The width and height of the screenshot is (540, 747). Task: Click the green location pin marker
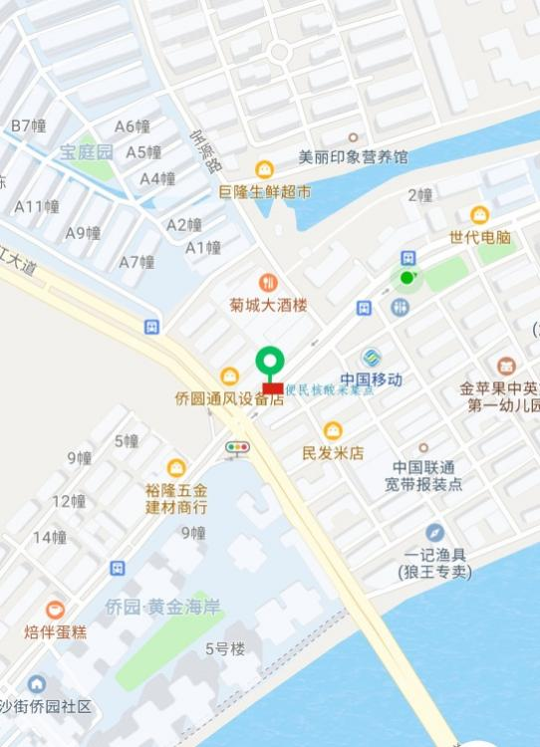pos(270,362)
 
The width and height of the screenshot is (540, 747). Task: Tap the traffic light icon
pos(237,448)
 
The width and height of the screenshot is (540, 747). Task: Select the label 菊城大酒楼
pos(268,306)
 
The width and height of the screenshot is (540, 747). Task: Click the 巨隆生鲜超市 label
pos(265,191)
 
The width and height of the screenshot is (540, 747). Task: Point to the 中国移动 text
pos(371,379)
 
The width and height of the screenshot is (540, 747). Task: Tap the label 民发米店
pos(333,453)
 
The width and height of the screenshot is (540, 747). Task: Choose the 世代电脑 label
pos(479,238)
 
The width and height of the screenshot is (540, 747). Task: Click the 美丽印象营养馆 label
pos(353,157)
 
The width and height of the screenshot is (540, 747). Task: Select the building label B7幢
pos(29,125)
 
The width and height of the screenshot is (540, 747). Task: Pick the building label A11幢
pos(37,206)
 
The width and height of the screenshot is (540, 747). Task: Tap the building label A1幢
pos(203,247)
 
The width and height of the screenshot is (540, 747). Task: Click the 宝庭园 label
pos(86,152)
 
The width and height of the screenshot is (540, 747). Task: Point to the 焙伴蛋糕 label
pos(56,631)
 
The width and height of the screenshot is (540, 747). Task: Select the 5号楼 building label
pos(225,649)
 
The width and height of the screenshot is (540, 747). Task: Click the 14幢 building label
pos(50,537)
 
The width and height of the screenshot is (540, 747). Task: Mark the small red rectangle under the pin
pos(272,388)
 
